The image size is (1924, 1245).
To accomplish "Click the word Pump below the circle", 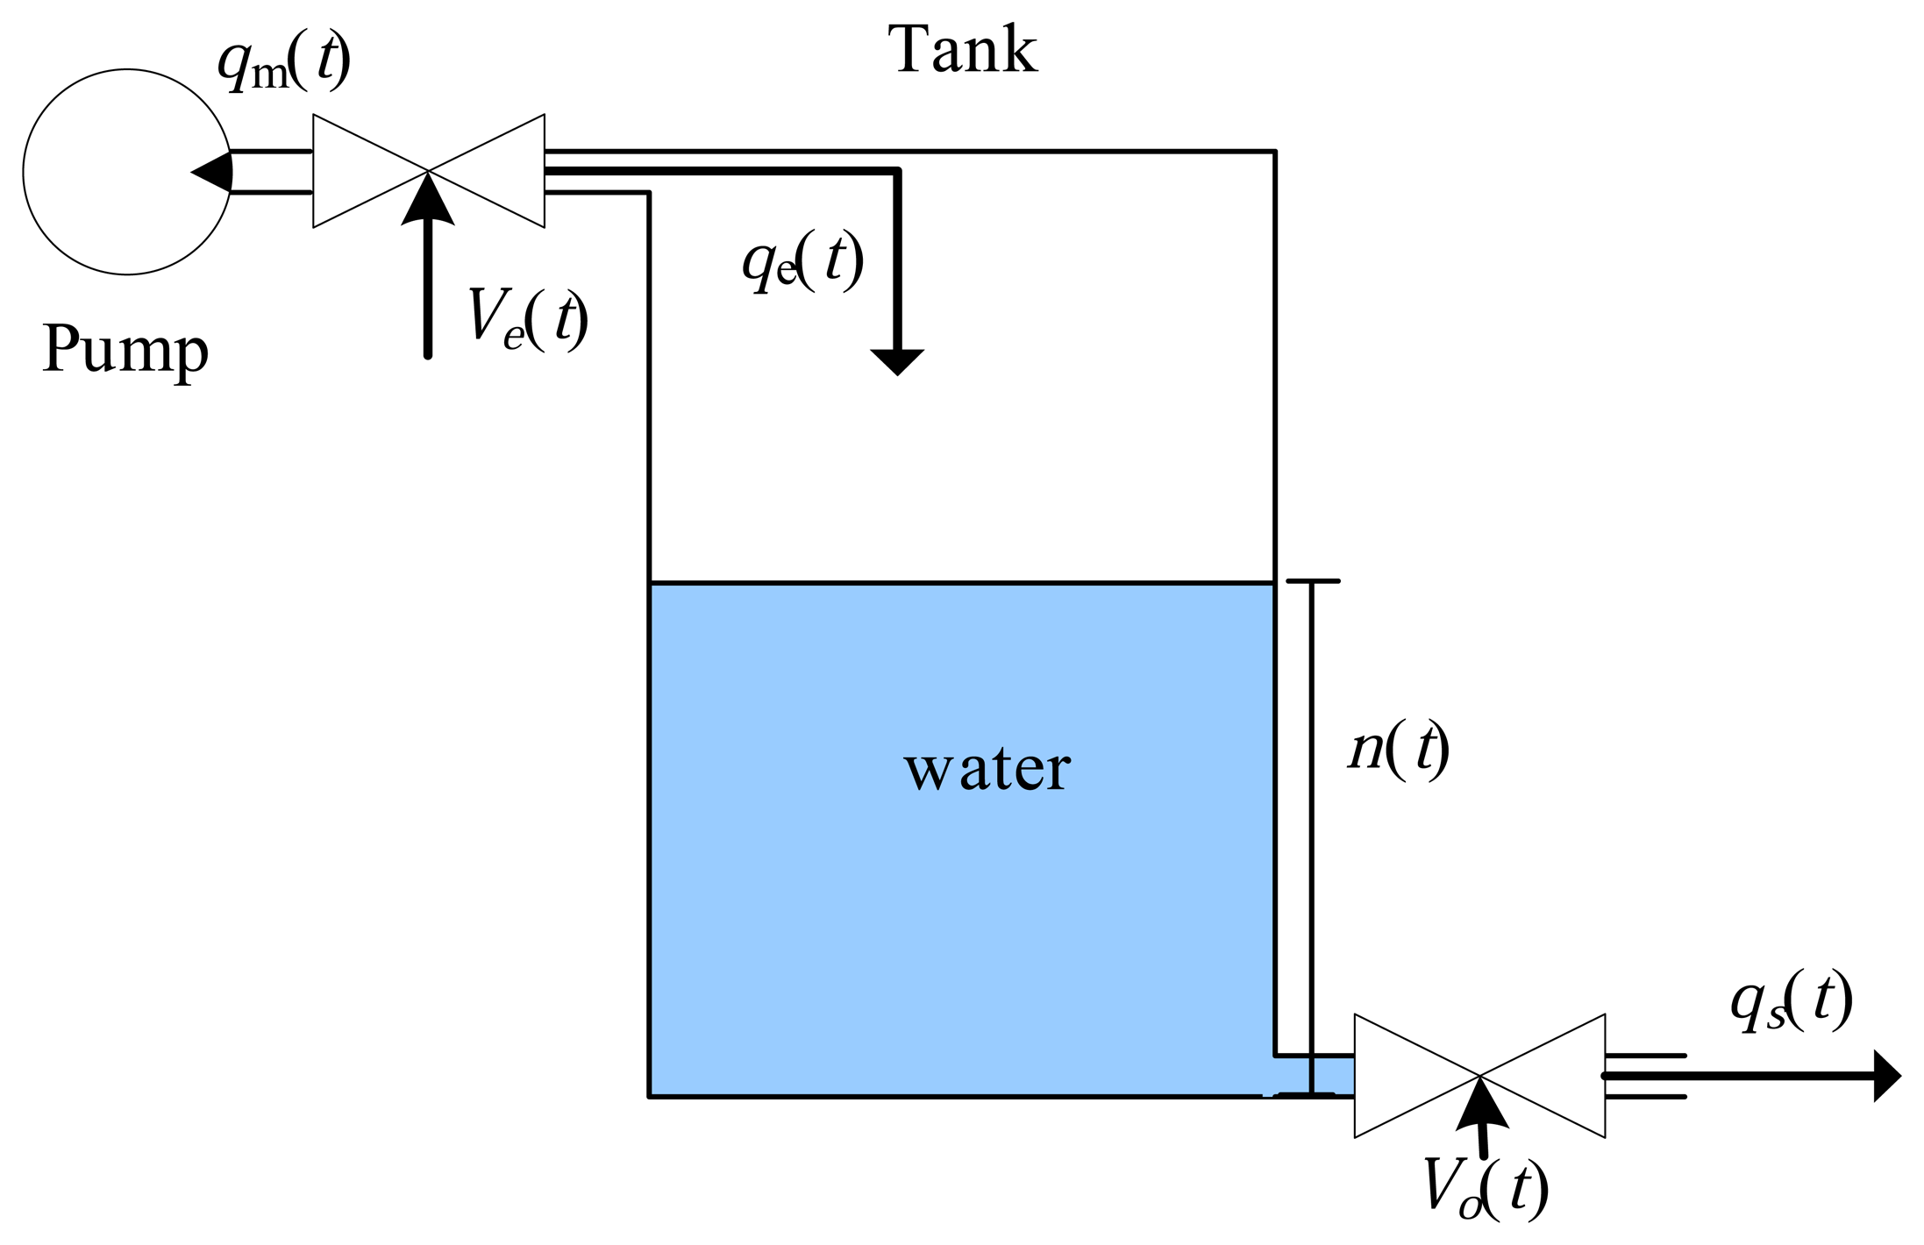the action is pyautogui.click(x=125, y=349).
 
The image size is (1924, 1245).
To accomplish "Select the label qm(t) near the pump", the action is pyautogui.click(x=282, y=63).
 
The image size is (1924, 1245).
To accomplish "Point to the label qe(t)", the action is pyautogui.click(x=802, y=260).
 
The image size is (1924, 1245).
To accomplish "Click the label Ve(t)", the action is pyautogui.click(x=526, y=319).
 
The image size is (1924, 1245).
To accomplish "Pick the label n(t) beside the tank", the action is pyautogui.click(x=1398, y=750).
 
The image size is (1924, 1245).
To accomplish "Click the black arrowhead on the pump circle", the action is pyautogui.click(x=214, y=172).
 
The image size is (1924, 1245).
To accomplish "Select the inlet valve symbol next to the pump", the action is pyautogui.click(x=428, y=171).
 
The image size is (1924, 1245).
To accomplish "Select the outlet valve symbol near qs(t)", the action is pyautogui.click(x=1479, y=1076).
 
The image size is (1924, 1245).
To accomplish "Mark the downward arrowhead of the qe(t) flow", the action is pyautogui.click(x=896, y=360).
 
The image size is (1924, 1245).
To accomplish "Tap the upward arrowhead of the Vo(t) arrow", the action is pyautogui.click(x=1481, y=1107).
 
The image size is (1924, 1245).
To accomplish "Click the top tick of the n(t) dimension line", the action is pyautogui.click(x=1312, y=581).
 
